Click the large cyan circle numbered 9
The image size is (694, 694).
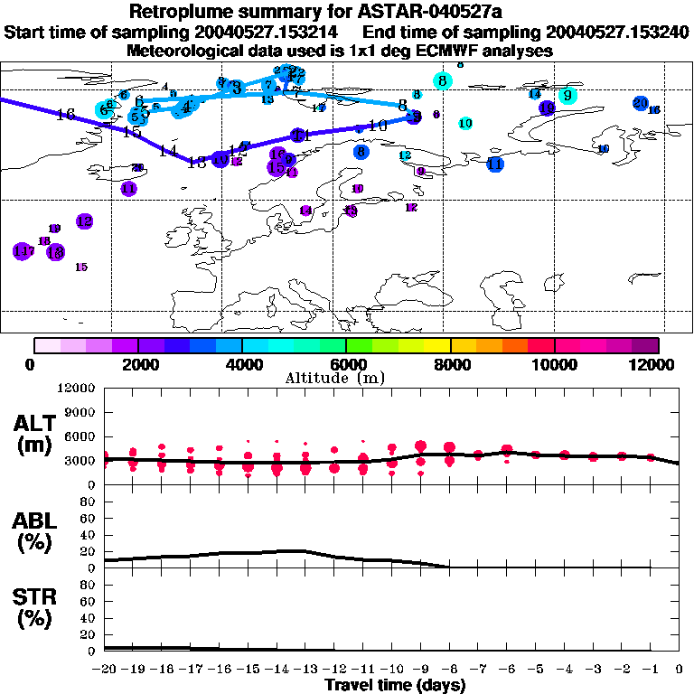pos(567,95)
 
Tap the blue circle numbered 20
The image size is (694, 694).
pos(640,103)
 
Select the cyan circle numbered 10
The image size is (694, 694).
pos(465,123)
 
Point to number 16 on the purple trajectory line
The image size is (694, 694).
pos(64,115)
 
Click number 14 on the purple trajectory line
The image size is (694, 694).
pos(167,150)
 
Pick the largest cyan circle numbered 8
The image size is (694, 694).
pos(443,80)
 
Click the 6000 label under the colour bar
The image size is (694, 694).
pos(346,364)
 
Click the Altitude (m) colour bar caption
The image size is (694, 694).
pos(347,378)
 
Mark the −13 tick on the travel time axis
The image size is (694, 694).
pos(305,670)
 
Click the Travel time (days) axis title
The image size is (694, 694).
pos(394,686)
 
